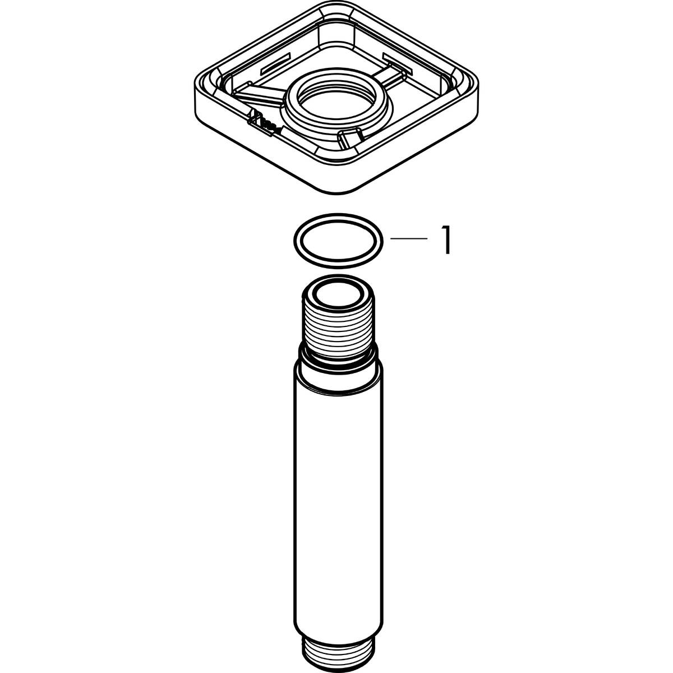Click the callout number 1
(x=446, y=241)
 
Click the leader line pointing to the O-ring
(x=409, y=239)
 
